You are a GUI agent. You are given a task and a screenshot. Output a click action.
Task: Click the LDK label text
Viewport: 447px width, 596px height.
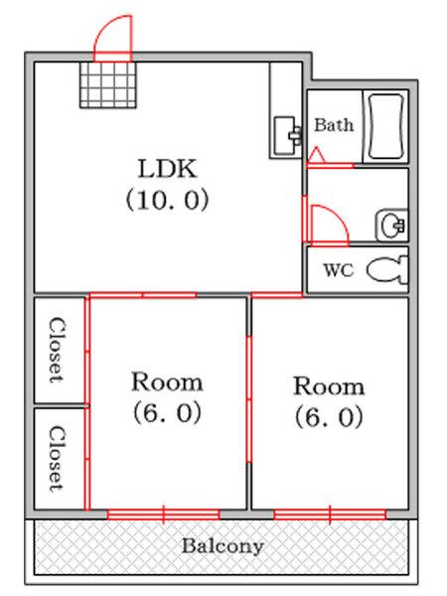tap(168, 169)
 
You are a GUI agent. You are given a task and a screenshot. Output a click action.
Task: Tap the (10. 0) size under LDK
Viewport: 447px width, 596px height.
tap(167, 200)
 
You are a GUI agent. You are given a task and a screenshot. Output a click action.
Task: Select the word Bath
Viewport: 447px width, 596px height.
tap(334, 125)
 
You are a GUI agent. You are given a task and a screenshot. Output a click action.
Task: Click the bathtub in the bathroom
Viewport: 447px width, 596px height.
tap(385, 127)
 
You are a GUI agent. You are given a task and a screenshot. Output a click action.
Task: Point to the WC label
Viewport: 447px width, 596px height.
tap(339, 270)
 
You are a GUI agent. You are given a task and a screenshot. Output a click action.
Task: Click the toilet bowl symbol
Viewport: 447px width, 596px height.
tap(387, 269)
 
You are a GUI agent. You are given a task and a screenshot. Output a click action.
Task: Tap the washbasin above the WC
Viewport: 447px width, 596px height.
tap(392, 225)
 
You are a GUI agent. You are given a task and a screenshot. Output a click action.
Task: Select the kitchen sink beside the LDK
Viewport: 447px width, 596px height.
tap(287, 136)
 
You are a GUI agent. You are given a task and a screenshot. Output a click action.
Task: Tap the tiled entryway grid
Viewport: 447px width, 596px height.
tap(108, 85)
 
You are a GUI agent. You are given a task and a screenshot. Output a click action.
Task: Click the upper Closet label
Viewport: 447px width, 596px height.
tap(57, 350)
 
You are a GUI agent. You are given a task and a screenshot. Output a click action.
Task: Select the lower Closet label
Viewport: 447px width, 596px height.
tap(57, 458)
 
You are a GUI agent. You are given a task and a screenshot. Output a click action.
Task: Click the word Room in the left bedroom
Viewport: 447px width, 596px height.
tap(167, 382)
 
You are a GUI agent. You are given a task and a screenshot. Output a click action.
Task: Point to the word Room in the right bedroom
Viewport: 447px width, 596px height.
tap(329, 386)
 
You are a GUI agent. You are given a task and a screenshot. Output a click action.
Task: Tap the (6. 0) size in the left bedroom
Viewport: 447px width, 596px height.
tap(167, 412)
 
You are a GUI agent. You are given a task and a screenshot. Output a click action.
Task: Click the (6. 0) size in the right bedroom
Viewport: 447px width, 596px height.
tap(329, 416)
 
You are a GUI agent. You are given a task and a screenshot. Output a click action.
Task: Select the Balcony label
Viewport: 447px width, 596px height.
tap(223, 546)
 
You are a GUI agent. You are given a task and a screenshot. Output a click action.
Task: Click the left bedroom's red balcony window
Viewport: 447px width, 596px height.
tap(164, 515)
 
